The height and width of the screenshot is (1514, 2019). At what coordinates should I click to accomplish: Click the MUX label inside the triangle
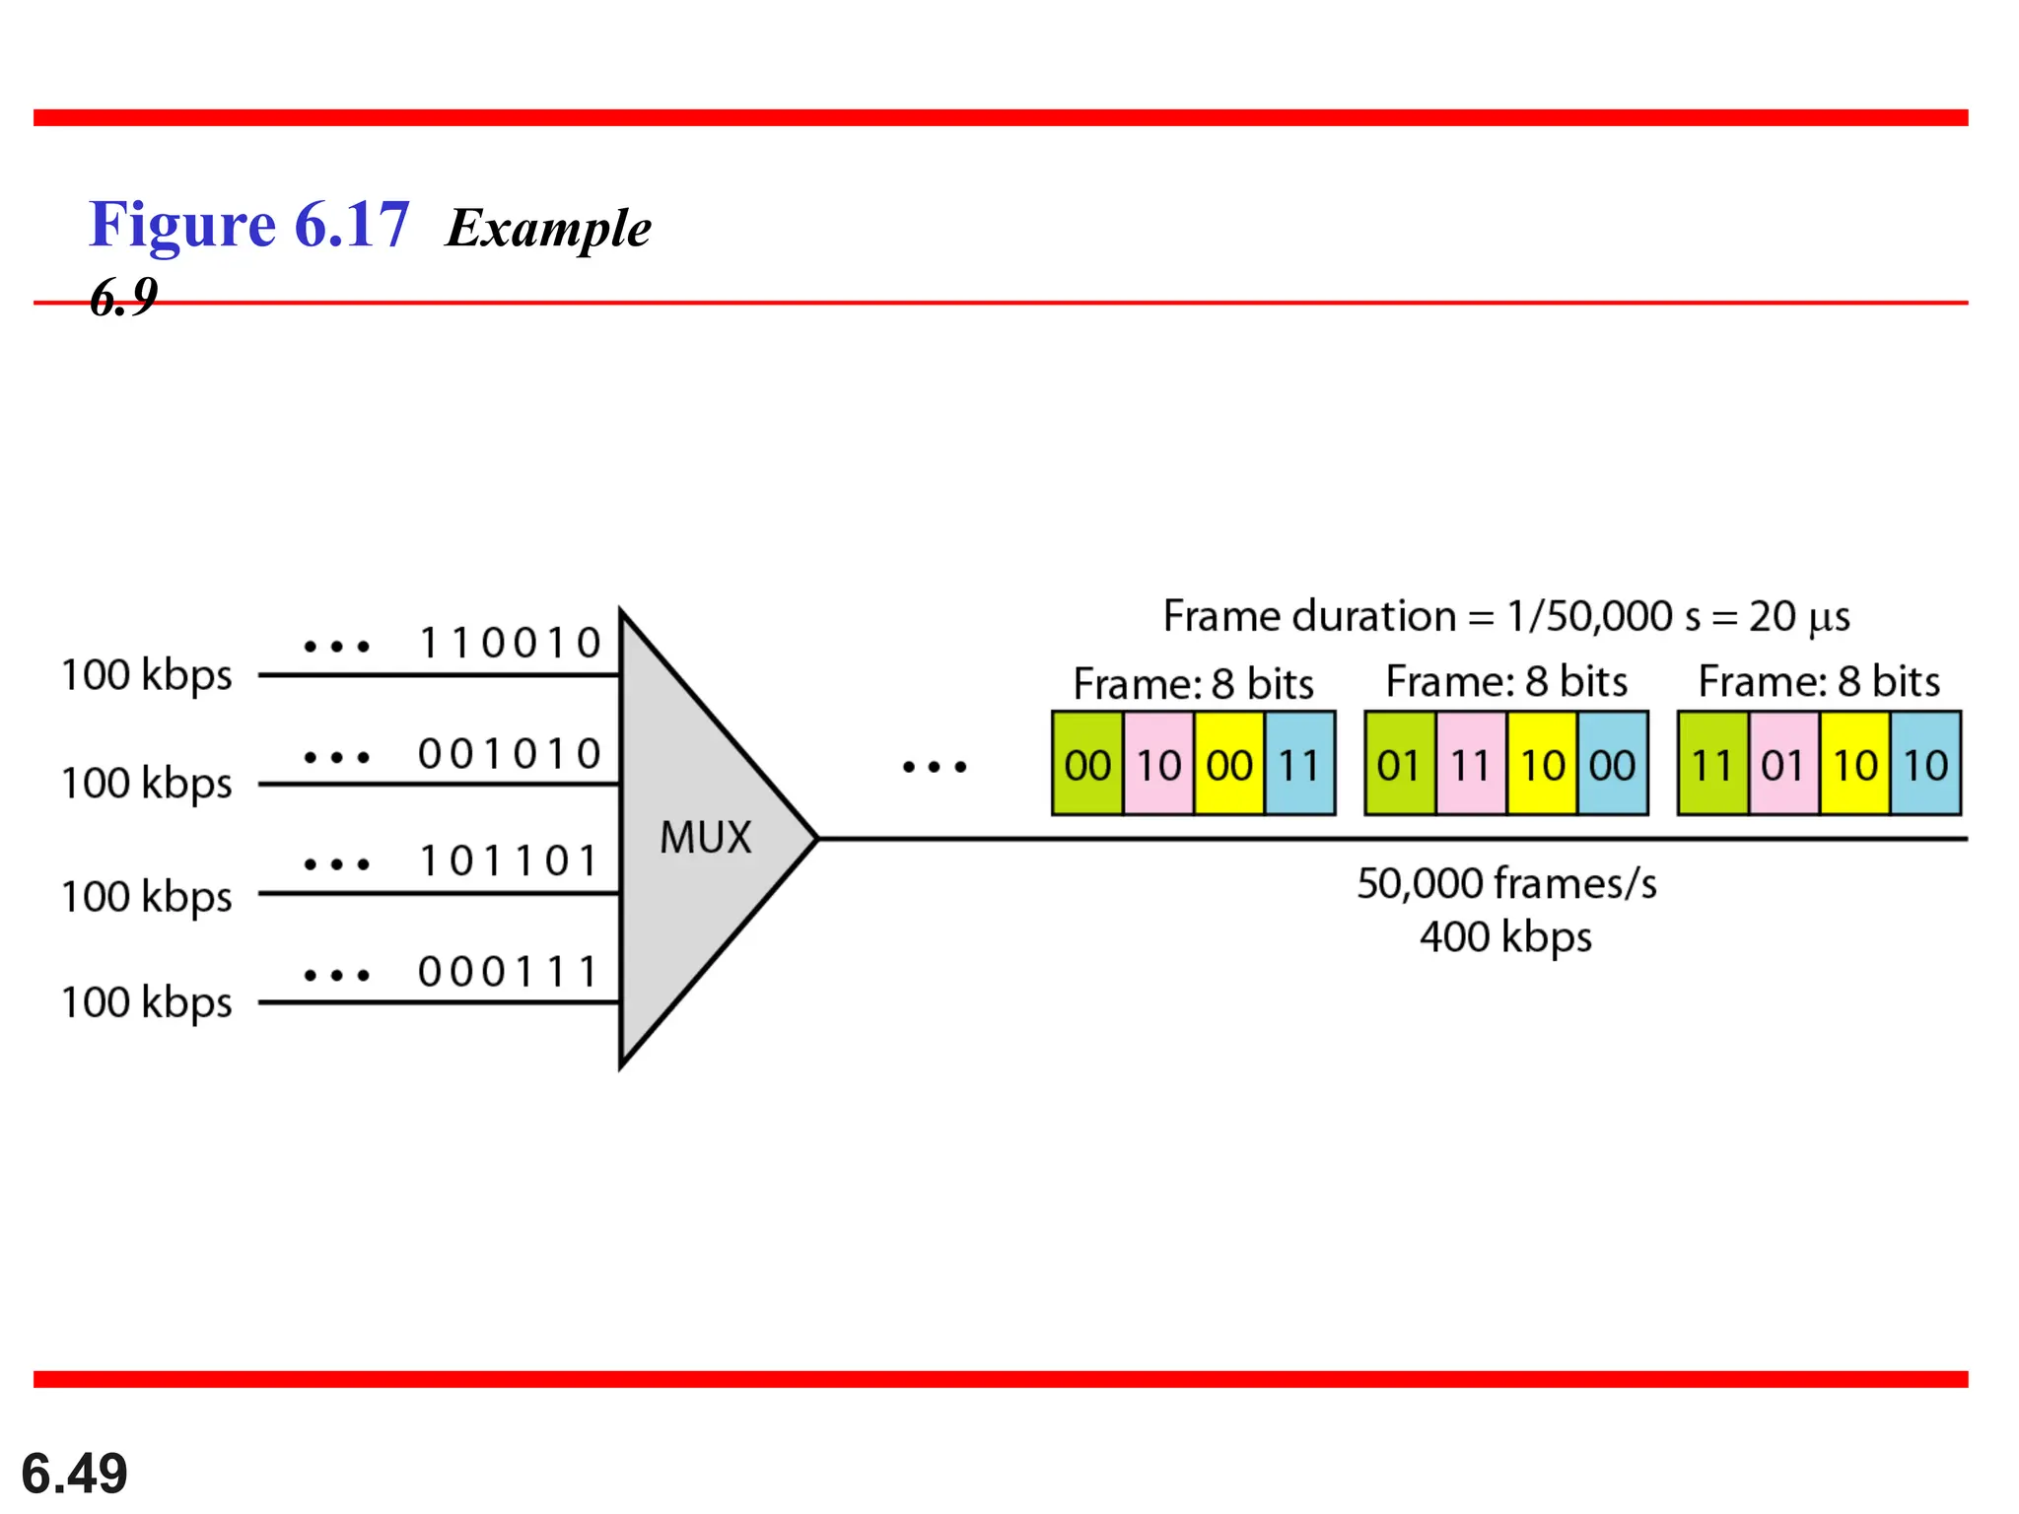point(705,838)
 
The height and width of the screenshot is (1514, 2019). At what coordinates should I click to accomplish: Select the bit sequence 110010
point(510,644)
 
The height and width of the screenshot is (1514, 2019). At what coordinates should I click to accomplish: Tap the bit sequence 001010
point(510,755)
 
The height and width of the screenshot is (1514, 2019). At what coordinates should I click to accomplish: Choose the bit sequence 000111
point(510,973)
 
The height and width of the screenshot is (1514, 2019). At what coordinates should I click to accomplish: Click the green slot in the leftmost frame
point(1087,765)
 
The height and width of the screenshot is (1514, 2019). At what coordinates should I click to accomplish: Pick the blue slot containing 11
point(1299,765)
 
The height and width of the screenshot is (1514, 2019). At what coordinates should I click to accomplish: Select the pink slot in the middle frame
point(1470,765)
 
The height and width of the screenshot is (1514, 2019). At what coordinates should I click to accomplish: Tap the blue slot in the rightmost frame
point(1925,765)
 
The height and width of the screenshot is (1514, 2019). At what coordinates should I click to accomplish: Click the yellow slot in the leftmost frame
point(1228,765)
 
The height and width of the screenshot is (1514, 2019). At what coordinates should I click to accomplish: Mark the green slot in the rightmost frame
point(1712,765)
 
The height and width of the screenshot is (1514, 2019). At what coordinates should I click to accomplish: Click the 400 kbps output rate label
point(1505,937)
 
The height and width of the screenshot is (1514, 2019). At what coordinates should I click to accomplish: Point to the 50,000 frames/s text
point(1505,884)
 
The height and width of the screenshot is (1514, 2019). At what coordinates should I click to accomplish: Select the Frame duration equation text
point(1505,617)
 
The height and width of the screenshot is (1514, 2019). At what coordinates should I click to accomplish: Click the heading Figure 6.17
point(249,225)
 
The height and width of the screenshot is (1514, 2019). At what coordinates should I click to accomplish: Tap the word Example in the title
point(548,229)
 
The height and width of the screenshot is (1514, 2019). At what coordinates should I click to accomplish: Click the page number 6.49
point(74,1474)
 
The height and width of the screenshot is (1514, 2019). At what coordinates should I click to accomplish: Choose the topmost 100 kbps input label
point(147,676)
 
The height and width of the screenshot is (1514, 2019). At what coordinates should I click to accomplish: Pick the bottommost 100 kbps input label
point(147,1002)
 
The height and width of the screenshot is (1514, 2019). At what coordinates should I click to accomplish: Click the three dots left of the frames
point(935,766)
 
